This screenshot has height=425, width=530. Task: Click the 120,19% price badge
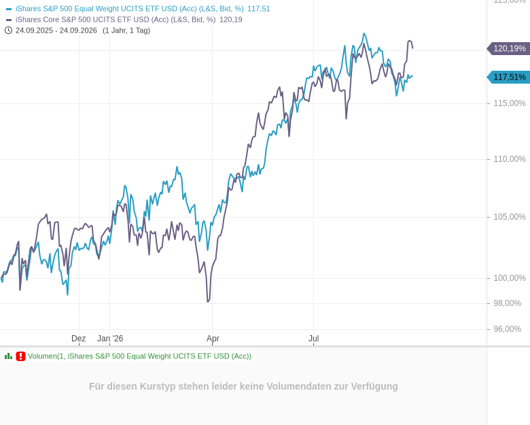click(x=508, y=49)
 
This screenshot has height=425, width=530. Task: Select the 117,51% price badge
click(x=508, y=77)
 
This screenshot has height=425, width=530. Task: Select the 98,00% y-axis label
click(x=508, y=303)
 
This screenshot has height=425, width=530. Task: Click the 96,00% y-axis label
click(x=508, y=329)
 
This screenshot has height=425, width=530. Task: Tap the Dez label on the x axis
click(x=78, y=339)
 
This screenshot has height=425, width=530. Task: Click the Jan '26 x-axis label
click(x=110, y=339)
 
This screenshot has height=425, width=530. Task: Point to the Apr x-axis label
click(x=213, y=339)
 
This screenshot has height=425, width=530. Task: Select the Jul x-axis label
click(x=314, y=339)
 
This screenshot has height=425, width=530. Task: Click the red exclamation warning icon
click(x=20, y=356)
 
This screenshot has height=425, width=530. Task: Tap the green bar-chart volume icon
click(x=8, y=356)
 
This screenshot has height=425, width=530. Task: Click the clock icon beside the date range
click(x=8, y=31)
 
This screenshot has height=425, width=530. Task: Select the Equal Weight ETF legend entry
click(x=138, y=9)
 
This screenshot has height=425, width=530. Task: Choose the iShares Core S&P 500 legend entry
click(x=124, y=20)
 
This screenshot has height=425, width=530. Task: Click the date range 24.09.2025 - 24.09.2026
click(x=56, y=31)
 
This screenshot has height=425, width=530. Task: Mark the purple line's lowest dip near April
click(x=208, y=301)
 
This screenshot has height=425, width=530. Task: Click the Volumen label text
click(x=139, y=356)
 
